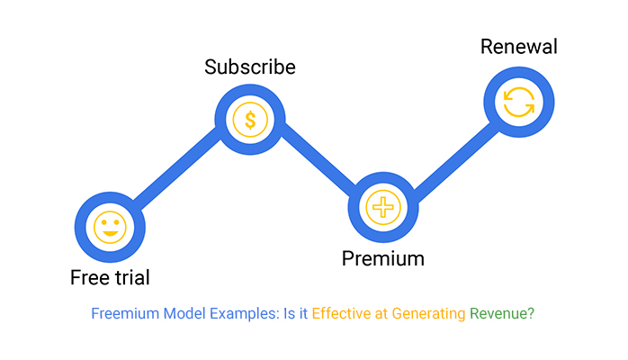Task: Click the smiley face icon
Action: (x=110, y=226)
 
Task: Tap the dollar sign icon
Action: (x=250, y=119)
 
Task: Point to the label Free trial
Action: (x=110, y=277)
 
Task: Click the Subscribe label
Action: (x=250, y=67)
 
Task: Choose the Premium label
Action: (x=382, y=259)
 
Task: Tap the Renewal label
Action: (x=518, y=46)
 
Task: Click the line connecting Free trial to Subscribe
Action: (x=180, y=172)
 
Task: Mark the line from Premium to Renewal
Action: (x=451, y=155)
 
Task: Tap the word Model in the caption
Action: (x=184, y=314)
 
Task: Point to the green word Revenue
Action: (x=502, y=314)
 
